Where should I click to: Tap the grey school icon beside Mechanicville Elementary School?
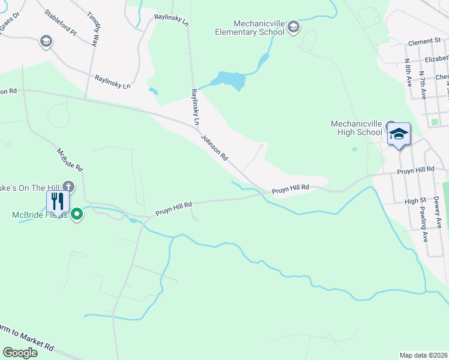coord(294,27)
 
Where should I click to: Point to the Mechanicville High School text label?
coord(357,128)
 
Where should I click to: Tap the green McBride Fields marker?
coord(77,214)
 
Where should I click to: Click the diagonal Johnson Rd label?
coord(214,148)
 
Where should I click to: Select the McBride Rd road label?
coord(70,160)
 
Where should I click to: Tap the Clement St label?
coord(424,43)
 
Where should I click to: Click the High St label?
coord(415,202)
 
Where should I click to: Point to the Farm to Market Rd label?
coord(26,337)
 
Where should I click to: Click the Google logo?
coord(20,353)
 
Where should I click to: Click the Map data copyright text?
coord(424,355)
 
